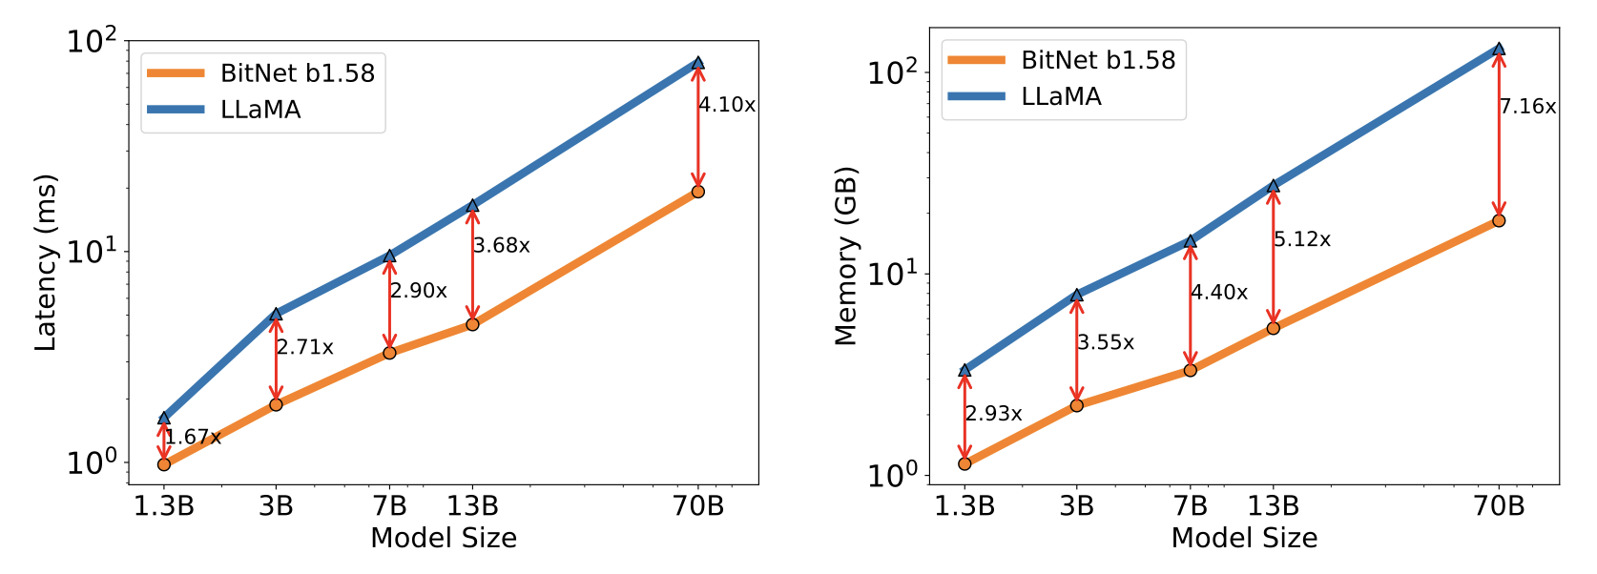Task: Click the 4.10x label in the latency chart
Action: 727,105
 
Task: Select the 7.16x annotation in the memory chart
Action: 1527,107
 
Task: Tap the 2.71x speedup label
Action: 305,347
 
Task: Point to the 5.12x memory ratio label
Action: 1302,239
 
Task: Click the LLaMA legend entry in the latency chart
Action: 259,110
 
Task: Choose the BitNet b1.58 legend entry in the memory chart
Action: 1097,60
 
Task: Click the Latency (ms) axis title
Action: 46,262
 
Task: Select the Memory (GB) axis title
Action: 846,256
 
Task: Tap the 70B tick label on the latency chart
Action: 698,506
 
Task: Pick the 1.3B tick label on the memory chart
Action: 964,506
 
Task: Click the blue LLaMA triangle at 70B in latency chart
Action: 698,63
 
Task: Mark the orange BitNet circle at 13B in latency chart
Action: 472,324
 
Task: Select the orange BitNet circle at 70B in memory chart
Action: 1499,220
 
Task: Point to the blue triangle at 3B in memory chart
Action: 1077,295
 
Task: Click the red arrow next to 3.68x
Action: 472,265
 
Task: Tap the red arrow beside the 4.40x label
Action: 1190,305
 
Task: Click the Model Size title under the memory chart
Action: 1244,538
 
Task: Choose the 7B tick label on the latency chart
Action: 389,506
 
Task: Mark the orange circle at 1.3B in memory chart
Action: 964,463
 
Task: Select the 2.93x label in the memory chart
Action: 993,414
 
